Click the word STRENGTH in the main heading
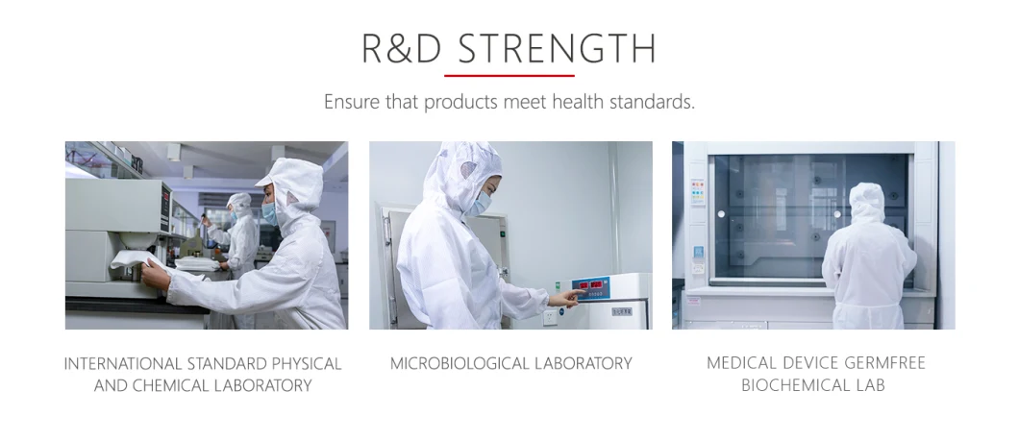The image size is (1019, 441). tap(557, 49)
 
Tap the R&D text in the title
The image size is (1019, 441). tap(401, 49)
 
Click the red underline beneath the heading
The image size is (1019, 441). tap(509, 76)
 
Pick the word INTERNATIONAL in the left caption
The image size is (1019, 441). tap(122, 364)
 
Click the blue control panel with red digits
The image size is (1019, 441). tap(591, 289)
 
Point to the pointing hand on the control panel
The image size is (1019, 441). tap(565, 298)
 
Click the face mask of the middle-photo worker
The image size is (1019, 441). tap(480, 204)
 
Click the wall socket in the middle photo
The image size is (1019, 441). tap(550, 317)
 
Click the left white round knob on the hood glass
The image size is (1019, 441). tap(720, 213)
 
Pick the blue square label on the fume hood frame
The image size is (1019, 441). tap(698, 253)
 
